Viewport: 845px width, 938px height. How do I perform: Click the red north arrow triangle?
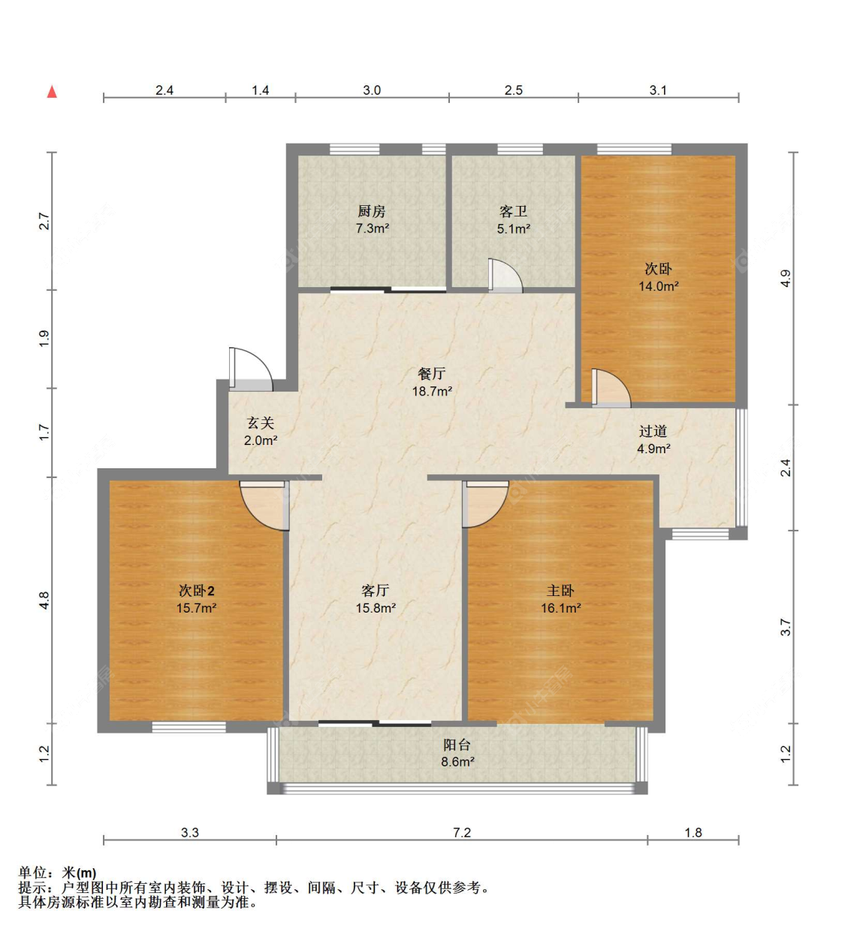coord(52,92)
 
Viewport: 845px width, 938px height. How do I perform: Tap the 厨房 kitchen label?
coord(372,211)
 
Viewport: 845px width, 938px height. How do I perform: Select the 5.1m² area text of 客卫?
coord(513,228)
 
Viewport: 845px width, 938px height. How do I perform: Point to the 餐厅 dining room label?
coord(431,374)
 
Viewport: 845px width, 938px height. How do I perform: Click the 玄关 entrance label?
coord(261,422)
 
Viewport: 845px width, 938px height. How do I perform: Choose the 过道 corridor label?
coord(653,431)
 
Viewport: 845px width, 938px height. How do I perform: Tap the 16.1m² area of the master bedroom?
coord(561,608)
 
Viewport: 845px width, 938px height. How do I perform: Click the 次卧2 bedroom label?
coord(196,591)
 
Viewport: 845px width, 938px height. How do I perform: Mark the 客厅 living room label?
coord(376,591)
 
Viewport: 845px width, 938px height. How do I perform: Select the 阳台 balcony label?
coord(457,745)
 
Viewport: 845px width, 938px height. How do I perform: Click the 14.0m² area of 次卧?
coord(659,286)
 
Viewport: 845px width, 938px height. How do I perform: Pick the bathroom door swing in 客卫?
coord(505,275)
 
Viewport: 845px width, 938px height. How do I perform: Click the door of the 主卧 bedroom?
coord(485,504)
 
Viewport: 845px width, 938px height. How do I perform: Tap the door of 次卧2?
coord(264,506)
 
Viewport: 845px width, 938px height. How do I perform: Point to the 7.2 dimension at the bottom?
coord(462,832)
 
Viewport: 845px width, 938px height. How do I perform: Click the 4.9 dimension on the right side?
coord(786,278)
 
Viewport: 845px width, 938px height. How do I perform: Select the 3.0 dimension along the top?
coord(372,89)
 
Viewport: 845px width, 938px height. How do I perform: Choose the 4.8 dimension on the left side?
coord(44,600)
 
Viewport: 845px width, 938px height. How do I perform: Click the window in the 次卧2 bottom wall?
coord(189,727)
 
